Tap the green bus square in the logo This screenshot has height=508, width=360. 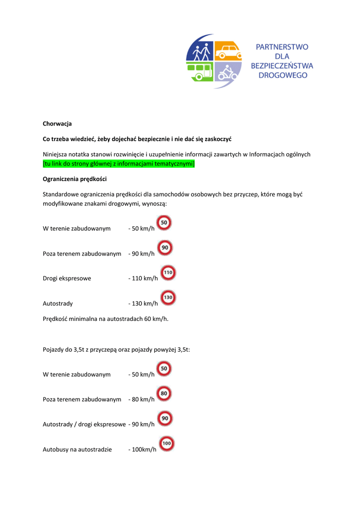[x=200, y=72]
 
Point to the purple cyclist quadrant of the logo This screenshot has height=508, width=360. [x=228, y=72]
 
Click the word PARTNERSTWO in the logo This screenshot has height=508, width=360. [x=282, y=47]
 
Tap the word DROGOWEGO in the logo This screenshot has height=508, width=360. [x=283, y=75]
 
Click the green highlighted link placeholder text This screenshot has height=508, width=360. [x=119, y=164]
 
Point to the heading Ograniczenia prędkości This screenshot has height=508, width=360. [x=74, y=179]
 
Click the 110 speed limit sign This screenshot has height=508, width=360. [x=168, y=272]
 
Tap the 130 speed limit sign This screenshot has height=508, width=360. [x=168, y=298]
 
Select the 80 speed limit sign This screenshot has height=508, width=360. [x=165, y=394]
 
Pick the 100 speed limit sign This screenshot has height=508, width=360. [x=167, y=444]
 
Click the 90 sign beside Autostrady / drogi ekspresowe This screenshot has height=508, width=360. [x=165, y=419]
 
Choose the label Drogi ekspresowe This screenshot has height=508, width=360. [x=67, y=278]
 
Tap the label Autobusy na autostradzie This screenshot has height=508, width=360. [x=77, y=449]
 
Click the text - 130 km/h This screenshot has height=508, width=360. [x=143, y=303]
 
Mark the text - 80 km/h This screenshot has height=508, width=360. [x=141, y=399]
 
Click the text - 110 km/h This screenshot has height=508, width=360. [x=143, y=278]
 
